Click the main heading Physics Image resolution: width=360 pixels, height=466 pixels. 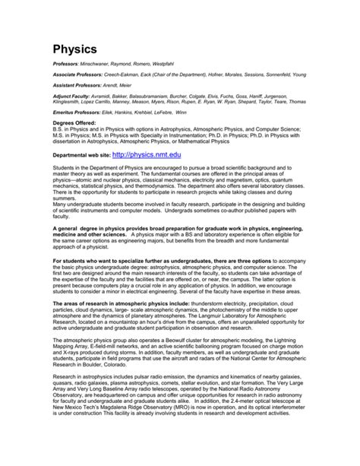point(79,49)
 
